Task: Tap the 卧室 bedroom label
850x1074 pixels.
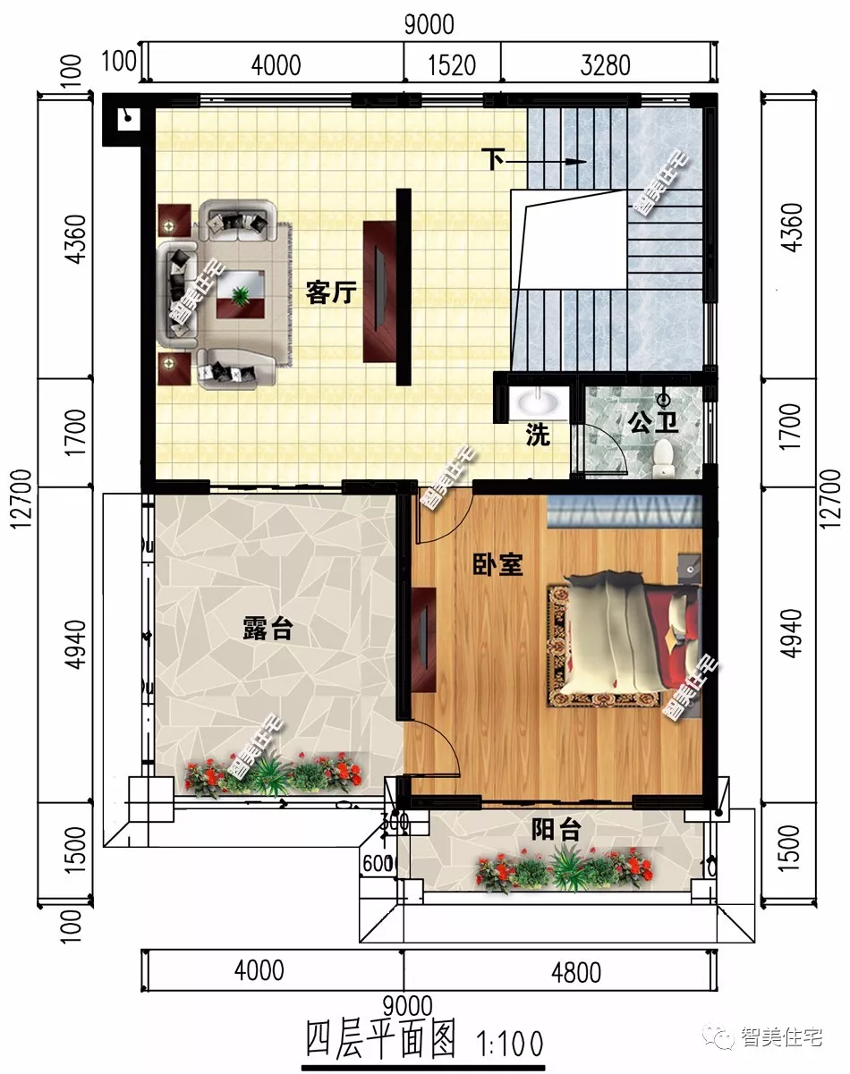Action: click(497, 564)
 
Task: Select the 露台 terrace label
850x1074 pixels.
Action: click(268, 629)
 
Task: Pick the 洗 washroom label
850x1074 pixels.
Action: click(537, 436)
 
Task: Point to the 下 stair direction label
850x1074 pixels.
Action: click(492, 161)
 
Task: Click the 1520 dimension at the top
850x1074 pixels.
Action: click(452, 65)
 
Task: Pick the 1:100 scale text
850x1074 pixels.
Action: click(511, 1043)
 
